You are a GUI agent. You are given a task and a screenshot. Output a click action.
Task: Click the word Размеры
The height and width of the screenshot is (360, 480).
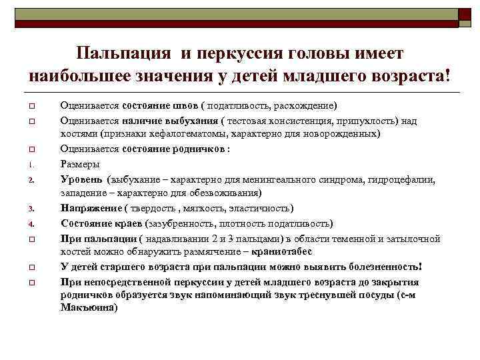[x=80, y=163]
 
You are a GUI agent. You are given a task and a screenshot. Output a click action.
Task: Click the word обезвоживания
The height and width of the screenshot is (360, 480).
[x=225, y=193]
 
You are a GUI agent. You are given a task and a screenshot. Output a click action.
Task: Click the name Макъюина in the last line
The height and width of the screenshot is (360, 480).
[x=87, y=308]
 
